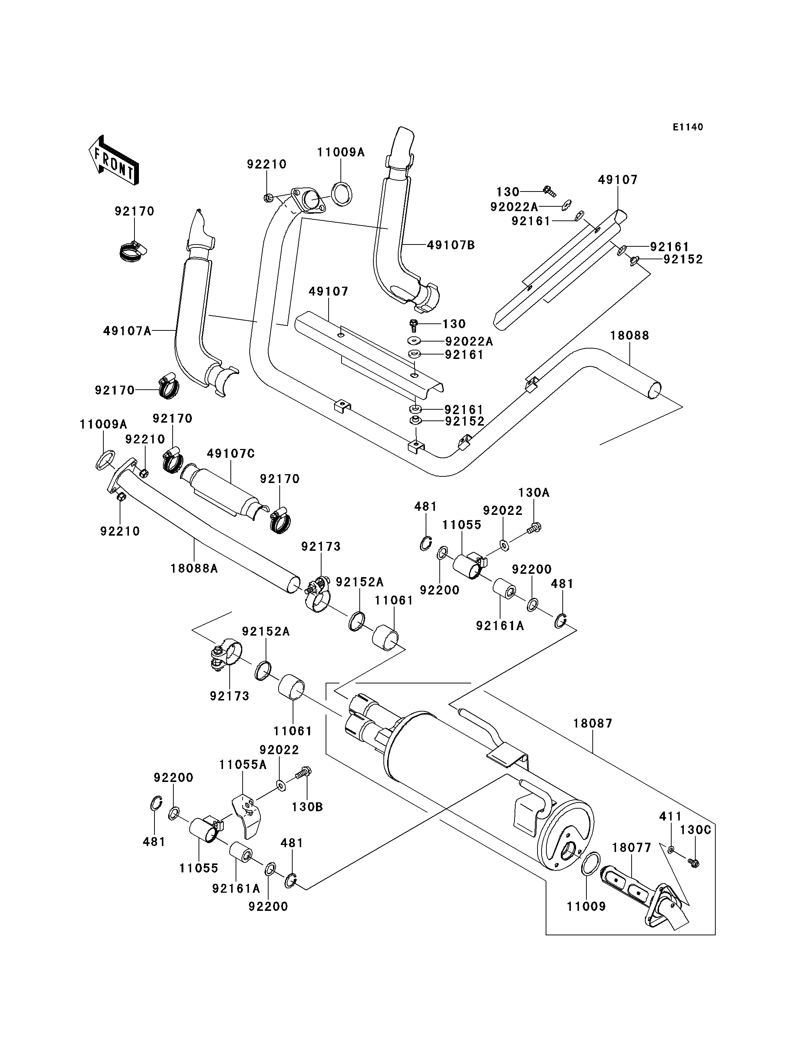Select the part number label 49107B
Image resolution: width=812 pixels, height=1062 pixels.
click(x=450, y=246)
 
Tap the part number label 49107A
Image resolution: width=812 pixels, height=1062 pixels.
click(x=127, y=331)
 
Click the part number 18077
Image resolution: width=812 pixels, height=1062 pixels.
click(x=632, y=848)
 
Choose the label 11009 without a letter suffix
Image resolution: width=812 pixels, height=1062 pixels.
click(x=586, y=906)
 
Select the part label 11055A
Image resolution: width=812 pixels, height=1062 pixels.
click(x=243, y=765)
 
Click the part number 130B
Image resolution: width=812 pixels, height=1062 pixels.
click(x=307, y=807)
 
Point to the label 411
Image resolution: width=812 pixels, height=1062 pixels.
click(x=670, y=816)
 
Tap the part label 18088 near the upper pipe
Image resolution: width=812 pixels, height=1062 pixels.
click(x=629, y=336)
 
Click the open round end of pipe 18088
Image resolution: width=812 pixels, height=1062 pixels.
click(x=653, y=390)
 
